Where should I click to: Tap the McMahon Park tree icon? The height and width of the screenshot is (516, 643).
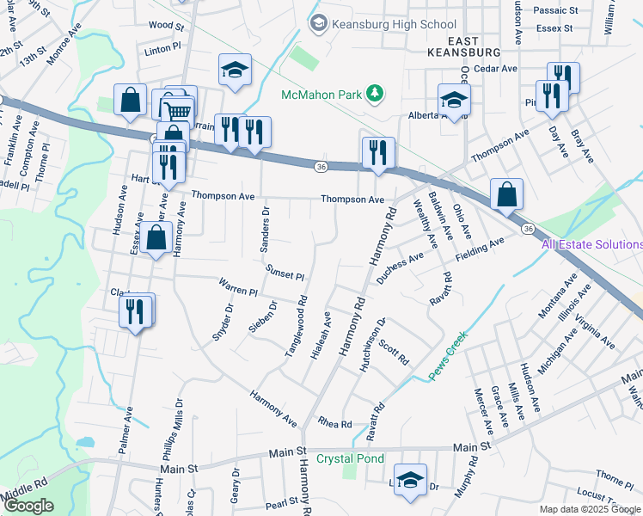pyautogui.click(x=374, y=92)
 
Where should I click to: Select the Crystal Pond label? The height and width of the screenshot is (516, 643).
pyautogui.click(x=350, y=458)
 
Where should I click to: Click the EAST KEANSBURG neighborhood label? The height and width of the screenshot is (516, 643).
pyautogui.click(x=463, y=46)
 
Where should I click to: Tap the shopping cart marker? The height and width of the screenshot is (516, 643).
pyautogui.click(x=178, y=110)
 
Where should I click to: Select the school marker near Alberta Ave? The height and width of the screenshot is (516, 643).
pyautogui.click(x=454, y=100)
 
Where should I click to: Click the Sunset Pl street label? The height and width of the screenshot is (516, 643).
pyautogui.click(x=285, y=273)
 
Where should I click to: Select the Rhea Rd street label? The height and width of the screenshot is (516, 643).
pyautogui.click(x=335, y=424)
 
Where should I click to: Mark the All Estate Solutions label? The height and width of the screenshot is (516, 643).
pyautogui.click(x=591, y=244)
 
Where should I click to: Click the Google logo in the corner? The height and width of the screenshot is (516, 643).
pyautogui.click(x=28, y=506)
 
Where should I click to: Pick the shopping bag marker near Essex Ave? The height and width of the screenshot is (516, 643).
pyautogui.click(x=156, y=240)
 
